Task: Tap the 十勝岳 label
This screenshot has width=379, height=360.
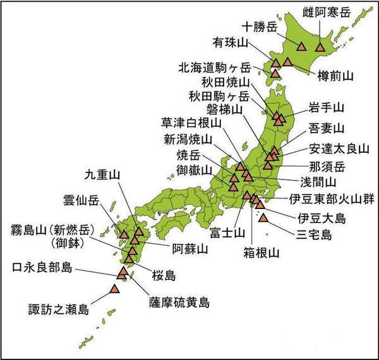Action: [260, 27]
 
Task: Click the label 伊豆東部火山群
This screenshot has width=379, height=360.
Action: [332, 200]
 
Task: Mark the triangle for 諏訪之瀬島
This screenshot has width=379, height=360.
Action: [114, 289]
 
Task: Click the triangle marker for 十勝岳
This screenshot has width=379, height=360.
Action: [301, 45]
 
